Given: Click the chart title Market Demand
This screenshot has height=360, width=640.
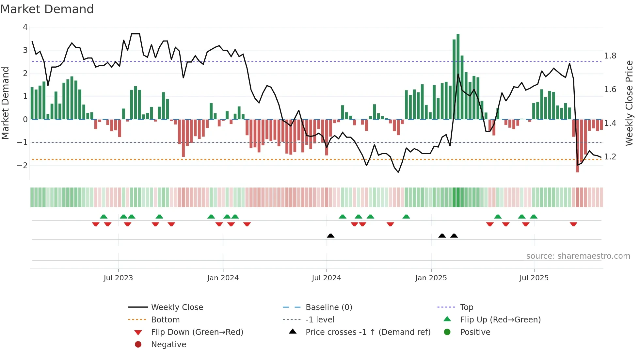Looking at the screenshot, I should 47,9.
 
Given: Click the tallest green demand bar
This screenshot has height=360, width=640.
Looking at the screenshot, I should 458,77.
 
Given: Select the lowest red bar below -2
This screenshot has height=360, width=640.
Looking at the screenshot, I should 577,146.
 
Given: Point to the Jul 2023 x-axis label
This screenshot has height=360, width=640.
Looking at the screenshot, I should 118,278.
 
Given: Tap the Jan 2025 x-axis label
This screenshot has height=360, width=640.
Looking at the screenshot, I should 431,278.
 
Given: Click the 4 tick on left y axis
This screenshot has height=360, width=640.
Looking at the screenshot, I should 25,27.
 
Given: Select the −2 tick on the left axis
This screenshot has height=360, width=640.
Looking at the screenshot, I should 22,166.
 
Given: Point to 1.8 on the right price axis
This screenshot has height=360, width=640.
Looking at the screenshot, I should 610,56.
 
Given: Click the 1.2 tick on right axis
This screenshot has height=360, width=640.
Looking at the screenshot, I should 610,157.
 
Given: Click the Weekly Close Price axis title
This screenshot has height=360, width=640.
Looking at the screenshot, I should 629,103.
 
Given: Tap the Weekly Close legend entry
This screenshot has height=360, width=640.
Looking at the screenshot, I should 177,307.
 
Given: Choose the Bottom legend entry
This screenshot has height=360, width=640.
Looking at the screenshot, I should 165,320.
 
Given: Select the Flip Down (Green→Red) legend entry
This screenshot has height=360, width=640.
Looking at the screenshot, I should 197,332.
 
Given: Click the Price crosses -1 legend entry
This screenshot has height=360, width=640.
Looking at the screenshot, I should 368,332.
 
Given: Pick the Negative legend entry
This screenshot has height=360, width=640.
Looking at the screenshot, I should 168,345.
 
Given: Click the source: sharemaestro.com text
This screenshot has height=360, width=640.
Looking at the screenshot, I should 578,256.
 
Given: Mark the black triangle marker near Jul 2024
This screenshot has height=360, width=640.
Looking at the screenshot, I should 330,236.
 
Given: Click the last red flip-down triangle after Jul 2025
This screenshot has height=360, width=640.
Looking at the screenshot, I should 573,224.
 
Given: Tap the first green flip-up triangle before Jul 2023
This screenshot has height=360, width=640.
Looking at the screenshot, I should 104,217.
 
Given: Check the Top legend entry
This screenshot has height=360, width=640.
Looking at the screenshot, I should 466,307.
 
